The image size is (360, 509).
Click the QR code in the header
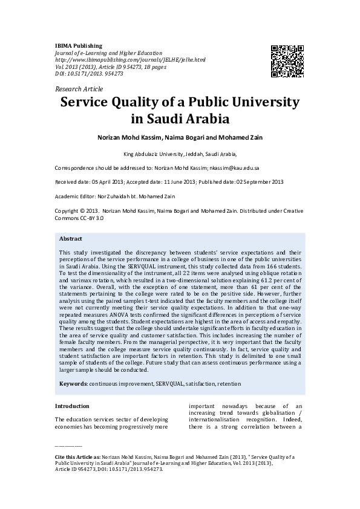287,61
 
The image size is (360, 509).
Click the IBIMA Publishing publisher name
79,45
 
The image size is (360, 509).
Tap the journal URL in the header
130,60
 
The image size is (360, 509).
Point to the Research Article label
79,89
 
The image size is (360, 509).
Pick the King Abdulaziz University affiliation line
180,154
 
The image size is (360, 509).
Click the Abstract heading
71,238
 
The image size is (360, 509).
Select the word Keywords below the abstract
73,384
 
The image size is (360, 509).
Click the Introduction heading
72,406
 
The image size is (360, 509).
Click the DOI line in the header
89,73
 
